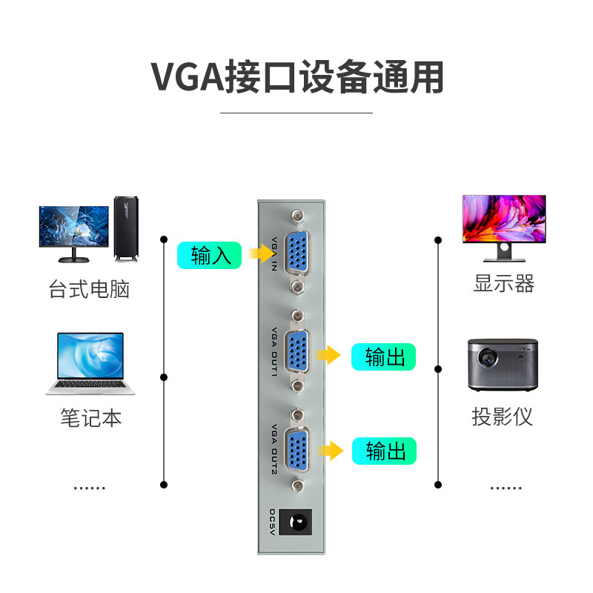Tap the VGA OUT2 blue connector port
[299, 450]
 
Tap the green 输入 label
[209, 256]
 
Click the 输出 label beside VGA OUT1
[383, 357]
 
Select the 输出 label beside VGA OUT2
[383, 451]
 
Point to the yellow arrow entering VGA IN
[259, 254]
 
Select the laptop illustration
[90, 363]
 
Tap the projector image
[500, 365]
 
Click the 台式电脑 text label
[90, 288]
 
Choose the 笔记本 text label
[90, 418]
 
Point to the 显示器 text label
[504, 283]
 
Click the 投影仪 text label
[503, 416]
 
